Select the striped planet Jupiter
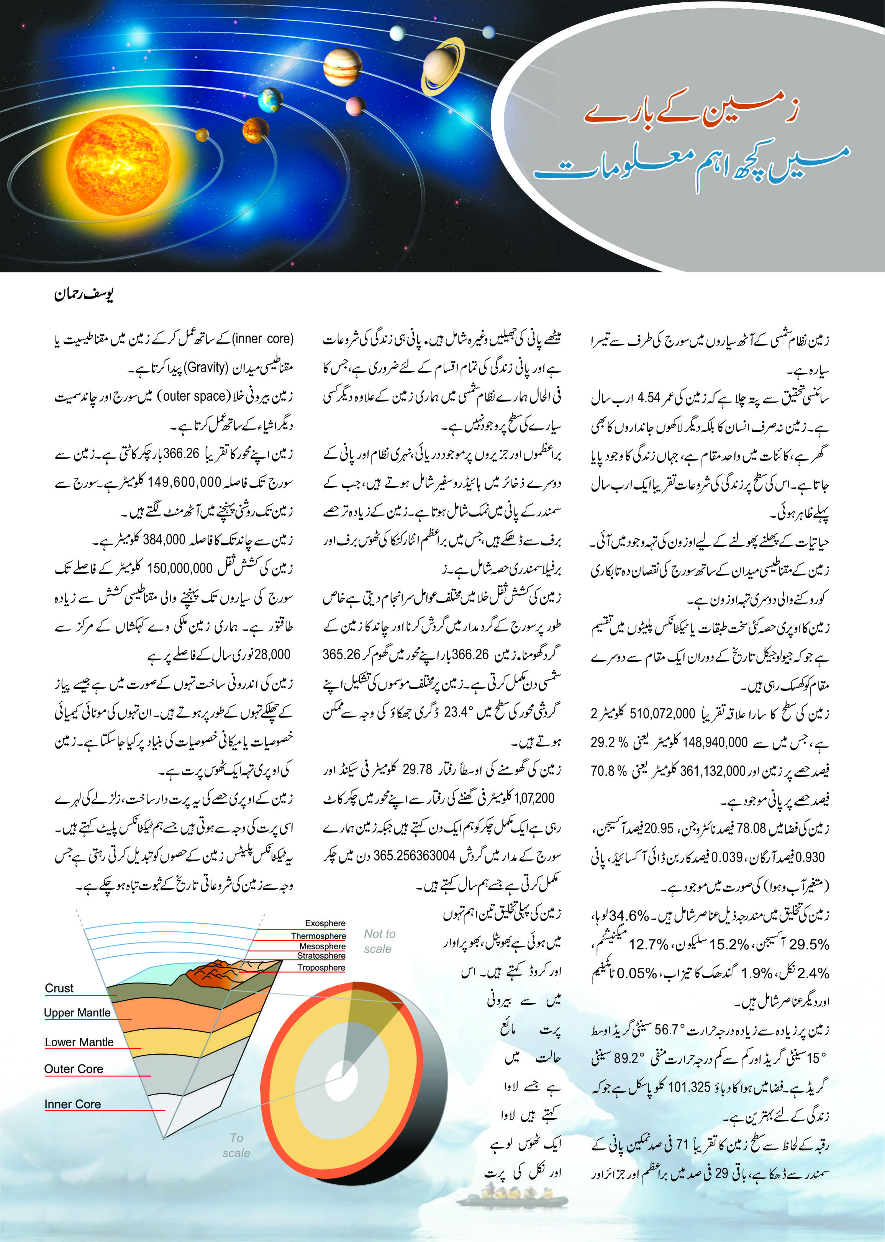(342, 67)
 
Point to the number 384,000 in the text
(164, 539)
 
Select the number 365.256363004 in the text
(414, 855)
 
